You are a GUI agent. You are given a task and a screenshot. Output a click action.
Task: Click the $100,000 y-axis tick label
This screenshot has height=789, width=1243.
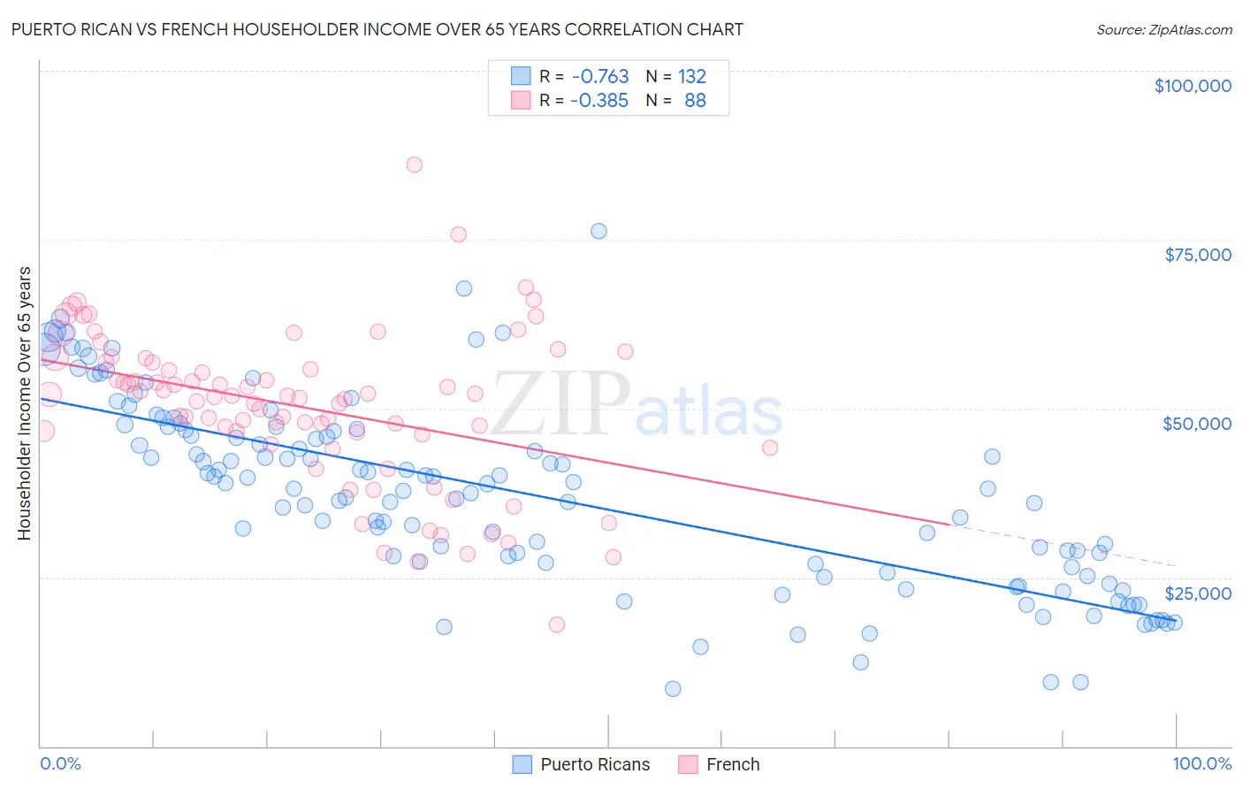pos(1192,86)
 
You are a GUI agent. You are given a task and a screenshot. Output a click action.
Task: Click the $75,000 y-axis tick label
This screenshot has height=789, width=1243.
pos(1197,255)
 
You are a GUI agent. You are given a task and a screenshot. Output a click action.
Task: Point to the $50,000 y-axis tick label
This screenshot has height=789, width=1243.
pos(1196,424)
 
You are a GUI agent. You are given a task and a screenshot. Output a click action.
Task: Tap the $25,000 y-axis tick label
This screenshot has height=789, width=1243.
pos(1197,593)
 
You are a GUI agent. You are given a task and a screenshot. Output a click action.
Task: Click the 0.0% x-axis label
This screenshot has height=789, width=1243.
pos(60,764)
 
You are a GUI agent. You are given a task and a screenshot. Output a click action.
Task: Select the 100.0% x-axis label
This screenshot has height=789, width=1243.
pos(1201,764)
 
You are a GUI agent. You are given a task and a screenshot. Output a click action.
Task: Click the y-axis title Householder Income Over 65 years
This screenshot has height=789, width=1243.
pos(25,403)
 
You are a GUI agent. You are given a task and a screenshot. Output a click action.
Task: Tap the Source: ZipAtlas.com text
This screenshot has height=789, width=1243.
pos(1163,29)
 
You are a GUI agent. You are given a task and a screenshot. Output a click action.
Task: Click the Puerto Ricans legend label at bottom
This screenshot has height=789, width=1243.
pos(595,764)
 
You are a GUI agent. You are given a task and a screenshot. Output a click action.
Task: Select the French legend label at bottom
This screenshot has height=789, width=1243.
pos(733,764)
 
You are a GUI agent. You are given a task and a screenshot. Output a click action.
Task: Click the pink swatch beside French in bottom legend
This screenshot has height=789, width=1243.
pos(688,764)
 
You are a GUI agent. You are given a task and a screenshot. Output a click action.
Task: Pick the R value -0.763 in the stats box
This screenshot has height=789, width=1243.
pos(600,76)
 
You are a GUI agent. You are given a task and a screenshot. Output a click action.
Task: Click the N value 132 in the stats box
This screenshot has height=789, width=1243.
pos(692,76)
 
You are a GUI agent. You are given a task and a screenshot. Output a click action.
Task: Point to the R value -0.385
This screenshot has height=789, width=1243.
pos(599,100)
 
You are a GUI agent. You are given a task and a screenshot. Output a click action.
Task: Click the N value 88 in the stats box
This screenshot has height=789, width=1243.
pos(695,100)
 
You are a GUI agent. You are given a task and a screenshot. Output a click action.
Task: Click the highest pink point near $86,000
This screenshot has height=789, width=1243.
pos(414,165)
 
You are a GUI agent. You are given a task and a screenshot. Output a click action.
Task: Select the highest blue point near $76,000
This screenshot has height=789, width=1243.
pos(599,231)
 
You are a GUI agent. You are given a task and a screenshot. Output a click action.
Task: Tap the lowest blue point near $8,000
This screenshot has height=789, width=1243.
pos(673,688)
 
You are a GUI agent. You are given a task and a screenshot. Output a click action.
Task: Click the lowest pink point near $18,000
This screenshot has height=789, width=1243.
pos(556,624)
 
